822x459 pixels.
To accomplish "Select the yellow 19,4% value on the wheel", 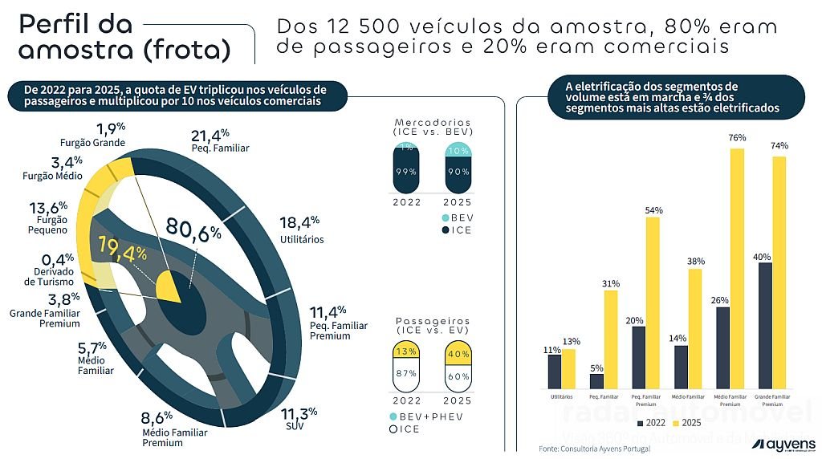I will pyautogui.click(x=123, y=250).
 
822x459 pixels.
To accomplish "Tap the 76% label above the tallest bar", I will pyautogui.click(x=736, y=138).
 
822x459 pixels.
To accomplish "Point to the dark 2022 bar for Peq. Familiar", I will pyautogui.click(x=596, y=382).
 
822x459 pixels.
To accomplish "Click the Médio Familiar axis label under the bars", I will pyautogui.click(x=689, y=397).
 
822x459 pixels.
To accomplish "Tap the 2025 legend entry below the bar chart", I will pyautogui.click(x=687, y=422).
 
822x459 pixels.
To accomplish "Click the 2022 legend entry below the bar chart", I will pyautogui.click(x=650, y=422).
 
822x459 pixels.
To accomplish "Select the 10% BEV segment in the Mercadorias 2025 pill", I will pyautogui.click(x=458, y=151).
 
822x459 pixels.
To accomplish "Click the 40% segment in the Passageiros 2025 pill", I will pyautogui.click(x=458, y=353).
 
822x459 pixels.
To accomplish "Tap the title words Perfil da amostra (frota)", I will pyautogui.click(x=124, y=37).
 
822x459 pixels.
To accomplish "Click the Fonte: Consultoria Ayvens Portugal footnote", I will pyautogui.click(x=594, y=448).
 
